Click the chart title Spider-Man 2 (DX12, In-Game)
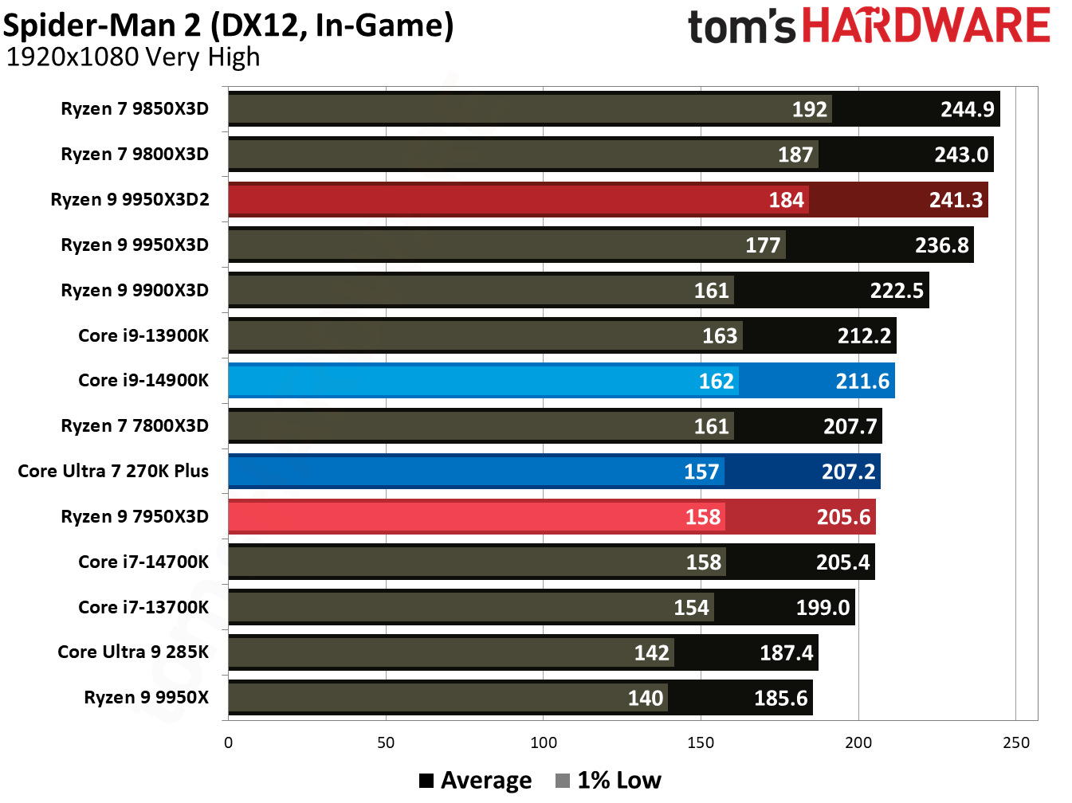pyautogui.click(x=229, y=25)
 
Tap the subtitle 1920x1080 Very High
pyautogui.click(x=133, y=57)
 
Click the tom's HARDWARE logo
pyautogui.click(x=869, y=25)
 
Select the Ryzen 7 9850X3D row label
pyautogui.click(x=135, y=108)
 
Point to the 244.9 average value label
pyautogui.click(x=967, y=109)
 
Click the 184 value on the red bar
pyautogui.click(x=786, y=200)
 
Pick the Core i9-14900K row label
pyautogui.click(x=143, y=381)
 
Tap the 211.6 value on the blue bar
pyautogui.click(x=862, y=382)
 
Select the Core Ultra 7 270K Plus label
pyautogui.click(x=113, y=472)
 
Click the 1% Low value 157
pyautogui.click(x=701, y=472)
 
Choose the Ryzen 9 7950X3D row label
pyautogui.click(x=135, y=517)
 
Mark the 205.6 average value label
pyautogui.click(x=843, y=518)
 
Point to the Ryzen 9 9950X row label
pyautogui.click(x=146, y=698)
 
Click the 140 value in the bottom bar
pyautogui.click(x=645, y=699)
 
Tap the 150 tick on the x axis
pyautogui.click(x=701, y=743)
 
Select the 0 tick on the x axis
pyautogui.click(x=229, y=743)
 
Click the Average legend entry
pyautogui.click(x=476, y=781)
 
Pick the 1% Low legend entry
pyautogui.click(x=609, y=781)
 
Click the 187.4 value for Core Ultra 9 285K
pyautogui.click(x=786, y=653)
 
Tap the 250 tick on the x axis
pyautogui.click(x=1015, y=743)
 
